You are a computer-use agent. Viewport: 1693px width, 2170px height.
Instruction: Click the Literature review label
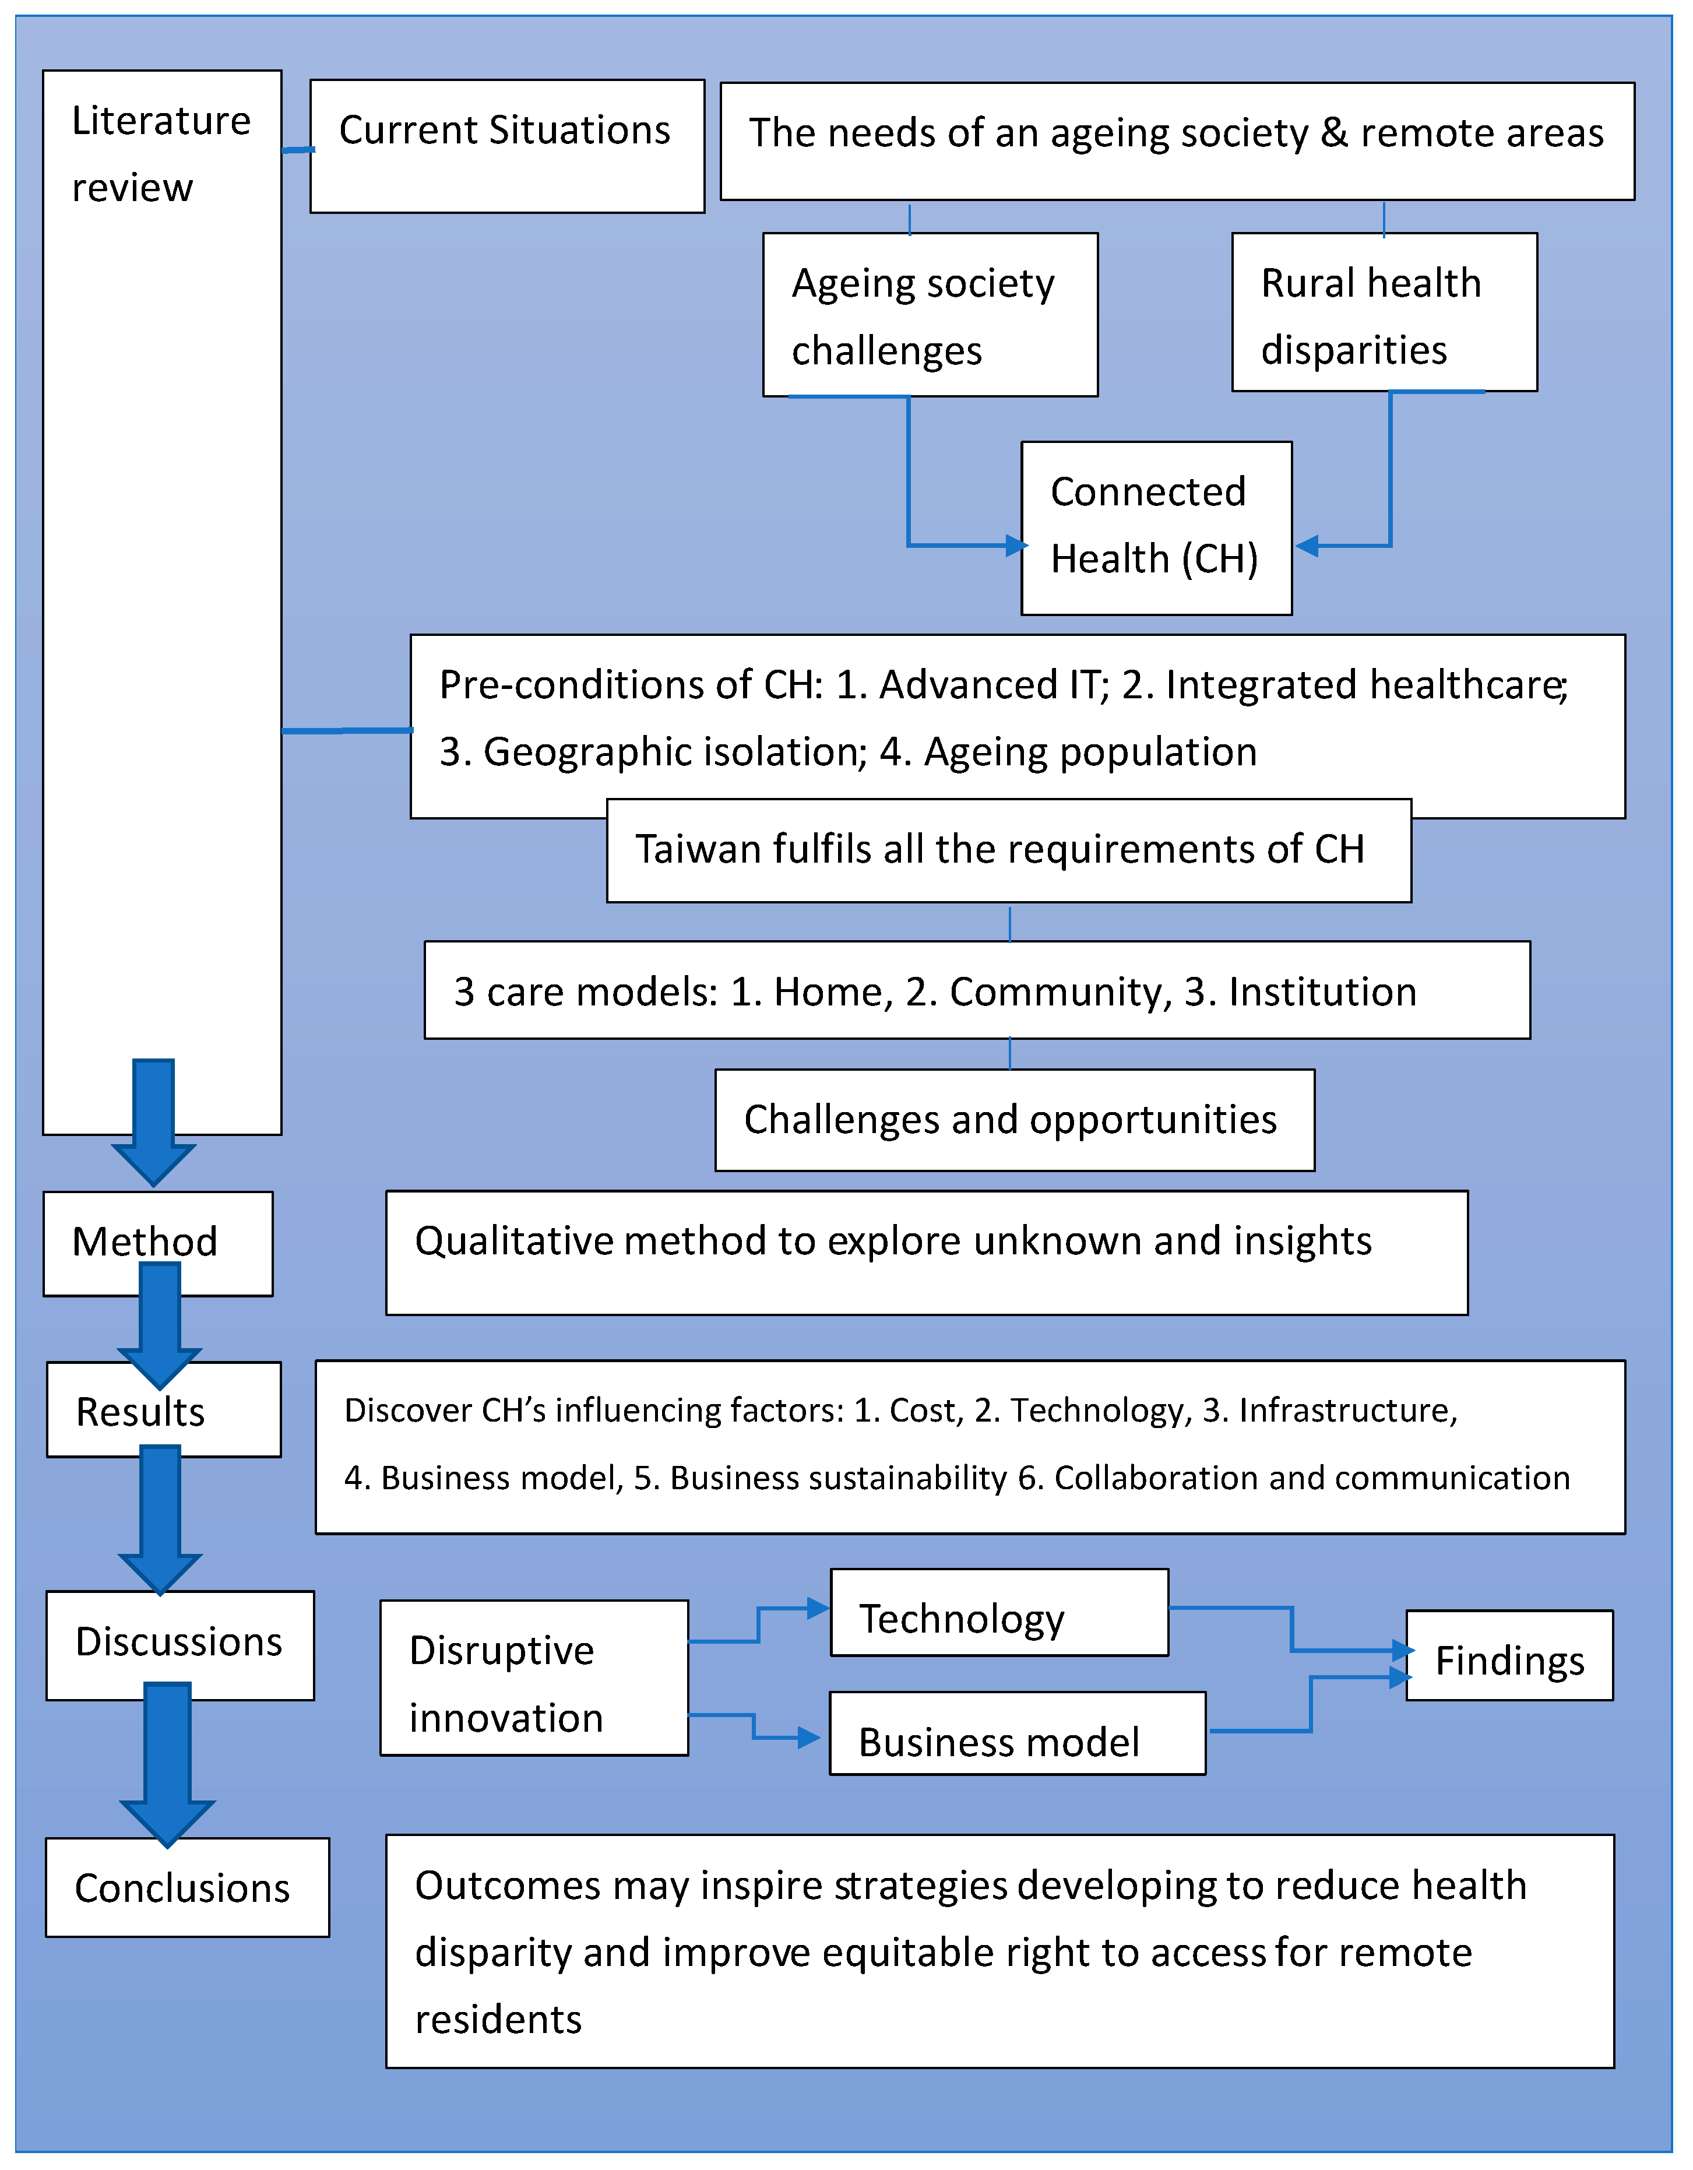point(161,154)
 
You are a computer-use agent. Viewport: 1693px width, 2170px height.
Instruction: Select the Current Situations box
point(506,146)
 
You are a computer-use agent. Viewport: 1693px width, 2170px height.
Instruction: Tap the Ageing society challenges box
point(930,315)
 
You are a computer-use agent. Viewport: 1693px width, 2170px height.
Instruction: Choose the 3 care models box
point(977,991)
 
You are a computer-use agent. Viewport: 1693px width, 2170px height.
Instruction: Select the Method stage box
point(157,1242)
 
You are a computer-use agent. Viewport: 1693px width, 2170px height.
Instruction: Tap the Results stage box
point(163,1410)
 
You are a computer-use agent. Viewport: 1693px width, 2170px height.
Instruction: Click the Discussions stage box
point(180,1644)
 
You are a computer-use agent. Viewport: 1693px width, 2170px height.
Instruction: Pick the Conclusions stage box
point(187,1888)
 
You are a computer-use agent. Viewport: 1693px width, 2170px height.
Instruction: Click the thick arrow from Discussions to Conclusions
point(167,1764)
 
